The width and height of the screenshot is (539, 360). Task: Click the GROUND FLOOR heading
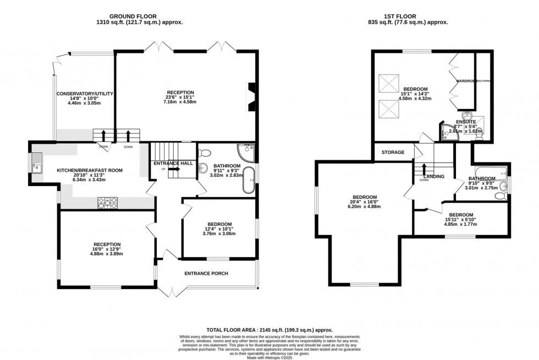138,16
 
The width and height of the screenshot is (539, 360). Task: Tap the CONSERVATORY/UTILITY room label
85,94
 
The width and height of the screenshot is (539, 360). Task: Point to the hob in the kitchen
107,203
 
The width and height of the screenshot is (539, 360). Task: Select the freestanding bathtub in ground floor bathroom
249,180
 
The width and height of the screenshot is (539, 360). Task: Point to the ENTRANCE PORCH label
206,274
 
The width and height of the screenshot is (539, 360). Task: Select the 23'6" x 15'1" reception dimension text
181,97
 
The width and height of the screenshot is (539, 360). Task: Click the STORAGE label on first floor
393,152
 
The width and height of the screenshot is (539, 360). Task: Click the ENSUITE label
466,122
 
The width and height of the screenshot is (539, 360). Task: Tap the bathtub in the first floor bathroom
488,171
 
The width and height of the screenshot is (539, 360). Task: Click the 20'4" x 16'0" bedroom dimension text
365,203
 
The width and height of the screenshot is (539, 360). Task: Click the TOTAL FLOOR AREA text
269,329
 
